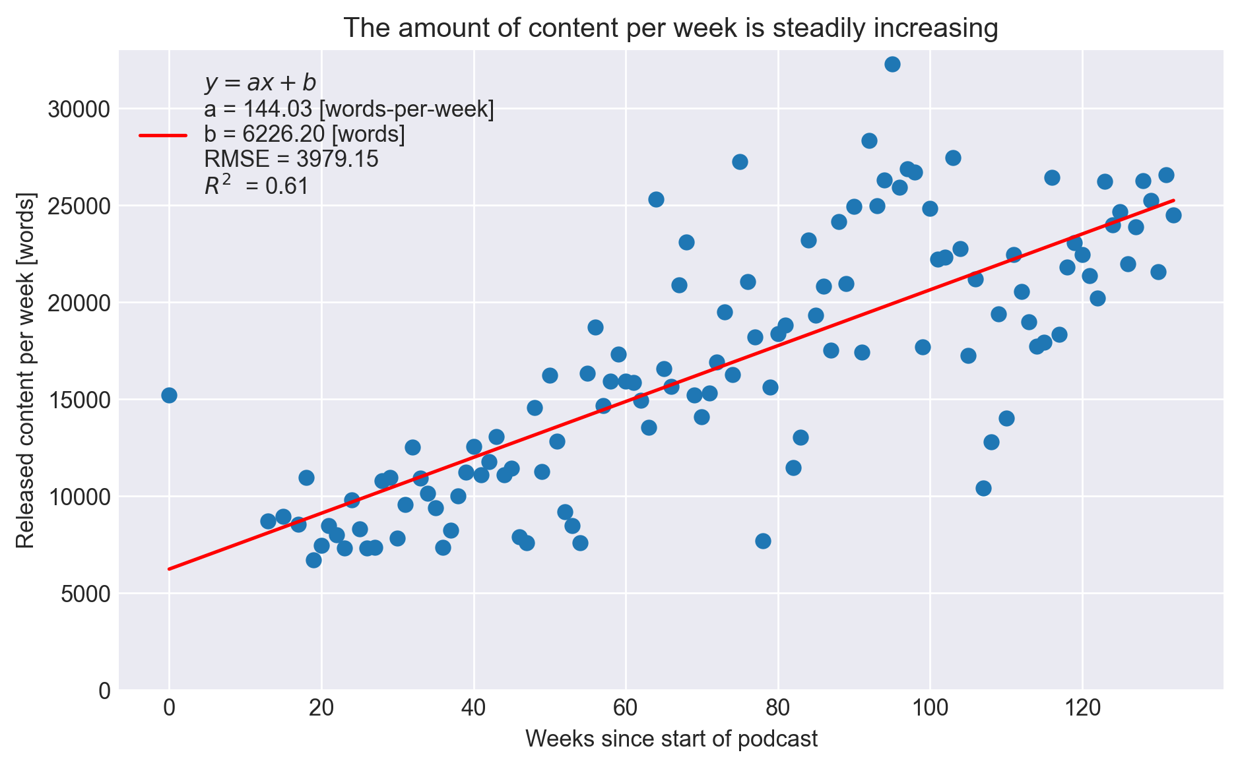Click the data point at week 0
pos(169,395)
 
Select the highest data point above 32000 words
pos(892,64)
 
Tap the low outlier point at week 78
pos(763,541)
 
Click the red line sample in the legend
pos(163,135)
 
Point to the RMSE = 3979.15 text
pos(291,160)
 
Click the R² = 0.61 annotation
pos(256,186)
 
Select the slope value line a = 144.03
pos(348,109)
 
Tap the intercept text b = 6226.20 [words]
pos(304,135)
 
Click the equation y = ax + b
pos(260,83)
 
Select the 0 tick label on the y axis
pos(104,690)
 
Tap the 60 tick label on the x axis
pos(626,710)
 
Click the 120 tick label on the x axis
pos(1082,710)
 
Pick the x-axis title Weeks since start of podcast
pos(671,739)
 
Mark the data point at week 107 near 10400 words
pos(983,488)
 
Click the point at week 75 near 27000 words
pos(740,162)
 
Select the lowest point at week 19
pos(313,560)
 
